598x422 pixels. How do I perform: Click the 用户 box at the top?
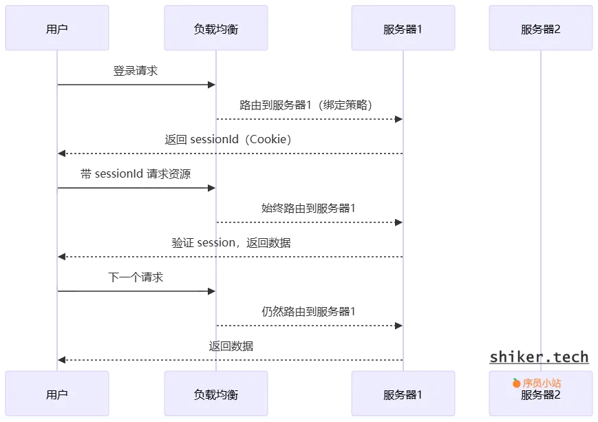57,30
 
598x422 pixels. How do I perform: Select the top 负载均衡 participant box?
216,30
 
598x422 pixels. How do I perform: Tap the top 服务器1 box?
403,30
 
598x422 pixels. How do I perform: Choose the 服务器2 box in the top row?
541,30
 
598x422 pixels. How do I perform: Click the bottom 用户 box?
57,395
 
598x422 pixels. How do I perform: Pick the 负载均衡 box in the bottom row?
216,395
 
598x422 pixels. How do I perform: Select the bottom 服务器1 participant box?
403,395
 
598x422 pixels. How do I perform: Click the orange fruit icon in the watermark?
516,383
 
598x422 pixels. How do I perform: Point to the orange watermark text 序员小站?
542,383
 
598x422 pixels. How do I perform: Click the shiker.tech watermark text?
540,357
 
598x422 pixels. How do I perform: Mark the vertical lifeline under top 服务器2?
542,207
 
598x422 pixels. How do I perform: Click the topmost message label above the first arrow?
135,70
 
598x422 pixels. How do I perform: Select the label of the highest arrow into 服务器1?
306,105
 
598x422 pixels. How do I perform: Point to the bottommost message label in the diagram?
233,346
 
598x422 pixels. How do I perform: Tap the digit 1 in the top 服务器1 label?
418,30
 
